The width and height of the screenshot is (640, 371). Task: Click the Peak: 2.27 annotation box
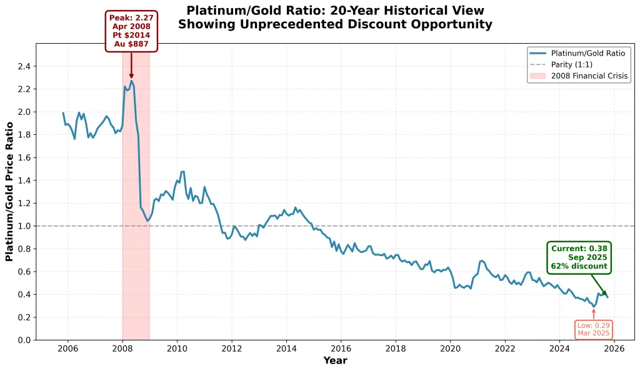[131, 31]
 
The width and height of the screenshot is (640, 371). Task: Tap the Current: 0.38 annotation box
[579, 257]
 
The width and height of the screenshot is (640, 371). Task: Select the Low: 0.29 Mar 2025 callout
[593, 329]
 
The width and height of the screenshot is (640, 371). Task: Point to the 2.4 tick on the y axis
[24, 66]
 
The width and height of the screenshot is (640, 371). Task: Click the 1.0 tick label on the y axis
[24, 226]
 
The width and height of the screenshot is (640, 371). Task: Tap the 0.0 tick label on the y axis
[24, 340]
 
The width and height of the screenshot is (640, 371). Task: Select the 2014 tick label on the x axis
[286, 349]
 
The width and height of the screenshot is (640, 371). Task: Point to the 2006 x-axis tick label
[67, 349]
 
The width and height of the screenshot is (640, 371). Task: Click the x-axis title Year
[335, 360]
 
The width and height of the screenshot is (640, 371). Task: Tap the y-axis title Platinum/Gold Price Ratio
[9, 191]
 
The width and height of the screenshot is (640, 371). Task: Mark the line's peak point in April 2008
[131, 81]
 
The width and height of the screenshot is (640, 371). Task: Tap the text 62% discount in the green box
[579, 266]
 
